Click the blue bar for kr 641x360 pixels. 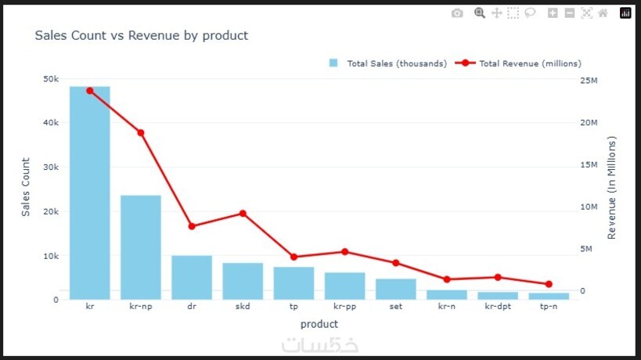point(89,193)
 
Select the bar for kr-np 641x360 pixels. point(141,247)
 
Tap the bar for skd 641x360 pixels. point(243,280)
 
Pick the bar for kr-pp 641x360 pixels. point(344,285)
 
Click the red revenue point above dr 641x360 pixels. point(192,226)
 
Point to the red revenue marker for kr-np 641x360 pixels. point(141,133)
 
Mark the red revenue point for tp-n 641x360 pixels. point(549,284)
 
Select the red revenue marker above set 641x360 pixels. point(395,263)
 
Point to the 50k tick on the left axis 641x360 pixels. point(50,79)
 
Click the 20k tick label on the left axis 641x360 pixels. point(50,212)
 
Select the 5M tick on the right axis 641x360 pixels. point(588,249)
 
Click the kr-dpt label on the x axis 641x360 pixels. point(498,307)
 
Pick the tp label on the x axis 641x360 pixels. point(293,307)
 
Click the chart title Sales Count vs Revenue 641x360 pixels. point(142,36)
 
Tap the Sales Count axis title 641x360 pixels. point(26,187)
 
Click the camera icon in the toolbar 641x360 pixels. point(457,13)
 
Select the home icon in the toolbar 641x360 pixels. point(603,13)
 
